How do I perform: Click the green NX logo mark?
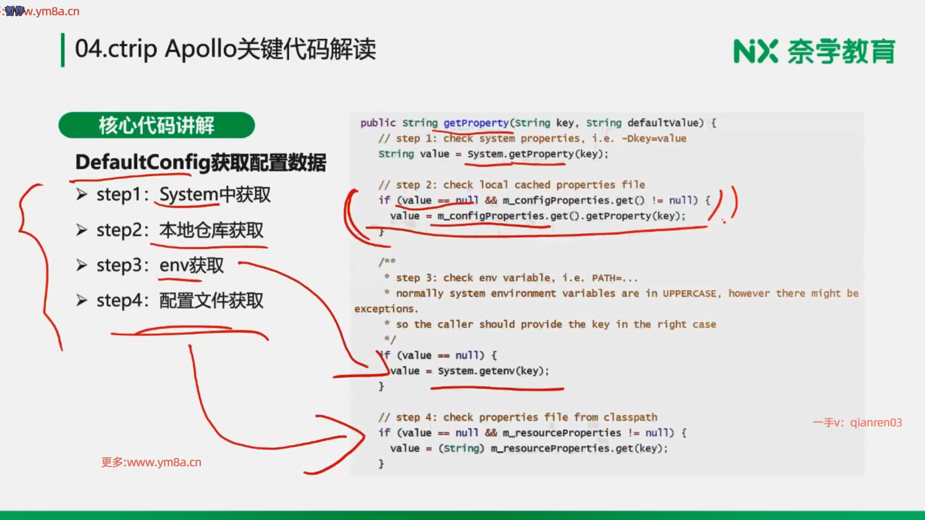(x=755, y=52)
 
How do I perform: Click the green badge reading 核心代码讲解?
(x=157, y=125)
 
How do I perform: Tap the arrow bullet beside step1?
(x=81, y=195)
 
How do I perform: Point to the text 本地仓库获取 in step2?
(x=211, y=230)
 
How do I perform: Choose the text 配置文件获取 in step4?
(x=211, y=300)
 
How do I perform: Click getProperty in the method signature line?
(x=476, y=123)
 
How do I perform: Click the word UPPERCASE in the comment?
(x=689, y=293)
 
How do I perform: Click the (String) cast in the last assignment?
(x=461, y=448)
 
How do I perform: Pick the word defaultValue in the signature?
(x=662, y=123)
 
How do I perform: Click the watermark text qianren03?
(x=876, y=423)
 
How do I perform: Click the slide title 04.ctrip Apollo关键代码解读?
(x=225, y=49)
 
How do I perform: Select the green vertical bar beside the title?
(x=63, y=50)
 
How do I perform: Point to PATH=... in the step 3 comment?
(x=615, y=278)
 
